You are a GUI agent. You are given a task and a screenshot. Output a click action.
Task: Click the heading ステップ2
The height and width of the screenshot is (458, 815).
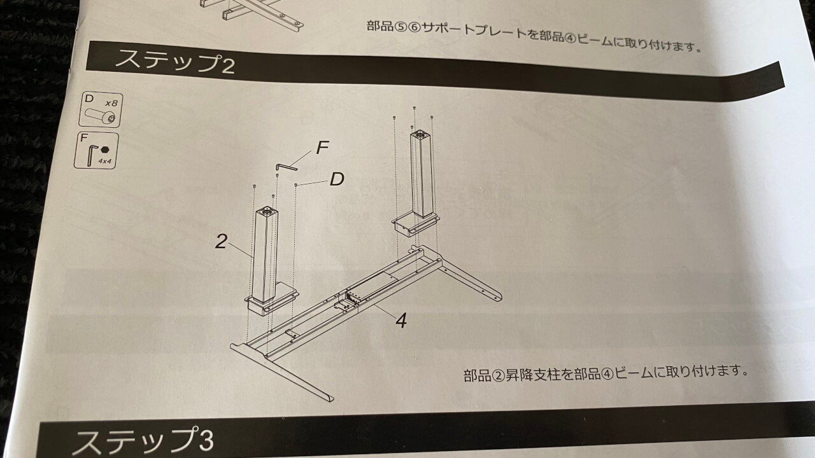[174, 62]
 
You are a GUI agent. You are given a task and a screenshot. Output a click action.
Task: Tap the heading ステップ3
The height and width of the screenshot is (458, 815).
[143, 441]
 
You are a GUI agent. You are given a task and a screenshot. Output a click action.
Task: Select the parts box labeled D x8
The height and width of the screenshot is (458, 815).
[101, 109]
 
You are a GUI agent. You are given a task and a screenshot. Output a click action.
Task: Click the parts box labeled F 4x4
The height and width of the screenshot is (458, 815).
[96, 151]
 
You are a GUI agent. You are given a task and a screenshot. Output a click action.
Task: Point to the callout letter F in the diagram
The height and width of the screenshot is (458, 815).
[322, 148]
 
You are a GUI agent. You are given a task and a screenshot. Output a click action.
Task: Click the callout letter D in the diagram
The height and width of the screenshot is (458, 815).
[337, 179]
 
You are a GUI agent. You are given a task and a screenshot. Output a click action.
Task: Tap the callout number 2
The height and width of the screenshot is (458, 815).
[221, 241]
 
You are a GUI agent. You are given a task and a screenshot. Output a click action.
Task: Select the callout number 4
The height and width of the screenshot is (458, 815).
[401, 321]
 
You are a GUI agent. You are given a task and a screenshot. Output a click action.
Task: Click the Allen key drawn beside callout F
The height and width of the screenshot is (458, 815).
[287, 167]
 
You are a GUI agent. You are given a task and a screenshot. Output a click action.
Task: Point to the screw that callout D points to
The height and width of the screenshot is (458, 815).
[296, 185]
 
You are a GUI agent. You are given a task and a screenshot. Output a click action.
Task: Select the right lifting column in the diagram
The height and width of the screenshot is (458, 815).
[422, 174]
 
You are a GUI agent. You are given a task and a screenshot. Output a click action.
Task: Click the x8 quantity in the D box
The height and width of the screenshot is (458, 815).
[111, 103]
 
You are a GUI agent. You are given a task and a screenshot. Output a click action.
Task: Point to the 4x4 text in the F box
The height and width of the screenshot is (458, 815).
[105, 161]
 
